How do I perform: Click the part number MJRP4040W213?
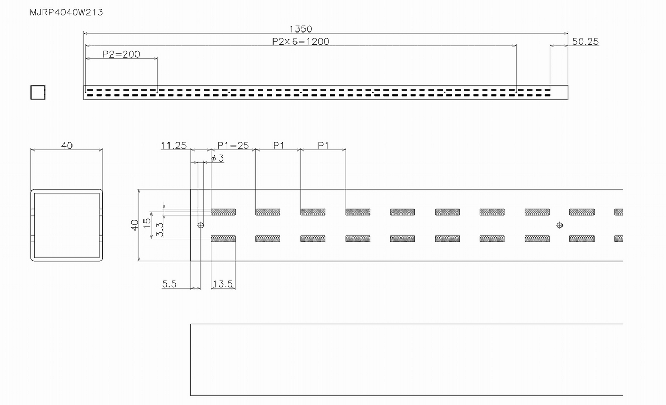67,12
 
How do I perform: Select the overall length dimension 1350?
301,29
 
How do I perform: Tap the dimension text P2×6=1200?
301,41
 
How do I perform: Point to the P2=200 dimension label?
121,54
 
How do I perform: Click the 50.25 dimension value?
585,41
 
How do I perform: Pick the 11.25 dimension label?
173,145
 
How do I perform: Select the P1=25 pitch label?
233,145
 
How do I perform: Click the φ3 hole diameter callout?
218,158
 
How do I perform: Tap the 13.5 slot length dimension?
222,284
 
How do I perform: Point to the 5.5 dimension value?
169,284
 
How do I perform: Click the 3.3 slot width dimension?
159,229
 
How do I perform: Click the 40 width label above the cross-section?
67,145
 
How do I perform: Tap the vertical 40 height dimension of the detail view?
134,225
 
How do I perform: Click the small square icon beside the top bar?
38,92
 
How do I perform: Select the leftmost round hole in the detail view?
200,225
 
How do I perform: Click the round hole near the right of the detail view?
559,225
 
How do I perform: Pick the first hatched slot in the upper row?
223,212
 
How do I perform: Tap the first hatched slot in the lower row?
223,239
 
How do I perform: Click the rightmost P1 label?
323,145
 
